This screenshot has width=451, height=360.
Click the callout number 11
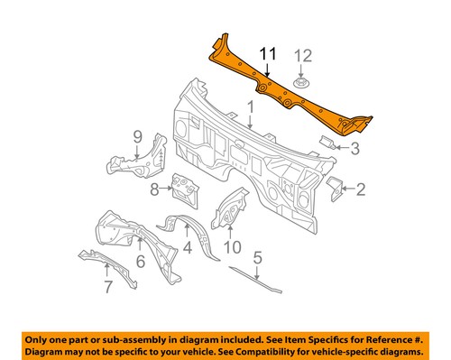(269, 55)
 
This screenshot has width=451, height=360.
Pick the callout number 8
(155, 189)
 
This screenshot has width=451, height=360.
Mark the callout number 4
(188, 246)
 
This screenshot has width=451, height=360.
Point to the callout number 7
(109, 289)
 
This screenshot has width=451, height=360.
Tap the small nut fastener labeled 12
(301, 84)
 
